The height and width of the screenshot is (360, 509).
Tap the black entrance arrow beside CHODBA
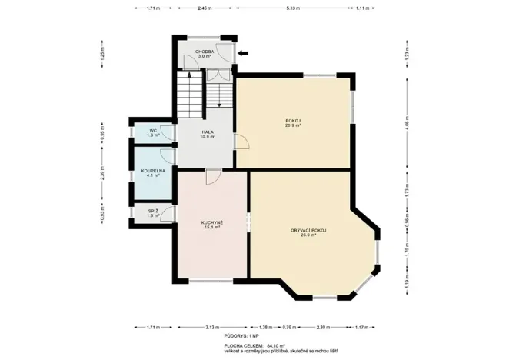coord(243,53)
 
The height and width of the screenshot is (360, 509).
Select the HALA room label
coord(208,132)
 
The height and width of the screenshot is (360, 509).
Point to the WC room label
coord(152,131)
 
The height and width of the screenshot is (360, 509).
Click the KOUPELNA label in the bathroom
coord(152,172)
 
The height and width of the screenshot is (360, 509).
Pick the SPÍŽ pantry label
coord(152,211)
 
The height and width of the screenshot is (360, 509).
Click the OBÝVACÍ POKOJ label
coord(309,230)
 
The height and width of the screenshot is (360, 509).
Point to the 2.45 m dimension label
coord(204,8)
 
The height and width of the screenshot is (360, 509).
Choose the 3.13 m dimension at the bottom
coord(211,327)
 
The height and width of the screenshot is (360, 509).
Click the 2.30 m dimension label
coord(324,327)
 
